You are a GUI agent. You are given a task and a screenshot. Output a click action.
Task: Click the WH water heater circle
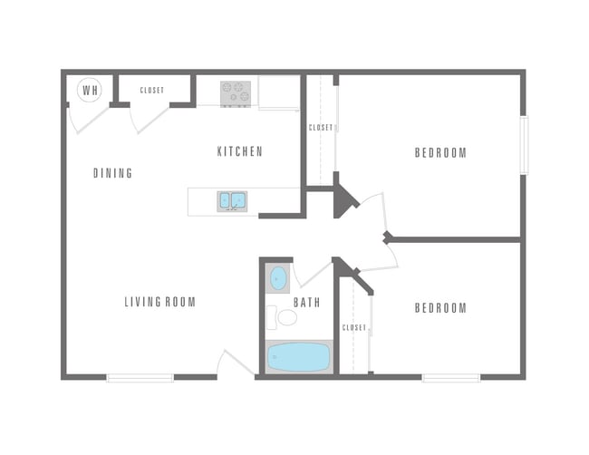90,89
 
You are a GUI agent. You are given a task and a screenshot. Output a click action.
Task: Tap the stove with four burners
236,92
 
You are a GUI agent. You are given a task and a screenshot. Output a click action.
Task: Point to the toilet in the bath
285,317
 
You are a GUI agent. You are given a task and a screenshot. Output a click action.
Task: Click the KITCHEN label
240,151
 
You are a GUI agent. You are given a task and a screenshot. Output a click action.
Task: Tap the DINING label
113,173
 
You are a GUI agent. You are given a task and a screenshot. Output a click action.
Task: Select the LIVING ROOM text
160,302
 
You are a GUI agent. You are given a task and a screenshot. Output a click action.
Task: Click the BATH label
306,302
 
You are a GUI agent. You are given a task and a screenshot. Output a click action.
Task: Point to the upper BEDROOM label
440,152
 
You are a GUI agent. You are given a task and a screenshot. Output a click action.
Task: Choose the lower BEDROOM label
440,308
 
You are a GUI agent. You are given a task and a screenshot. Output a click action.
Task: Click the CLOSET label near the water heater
152,91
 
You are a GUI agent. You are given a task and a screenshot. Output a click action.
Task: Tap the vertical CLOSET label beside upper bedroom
322,128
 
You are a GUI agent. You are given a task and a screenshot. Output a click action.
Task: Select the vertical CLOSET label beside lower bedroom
354,327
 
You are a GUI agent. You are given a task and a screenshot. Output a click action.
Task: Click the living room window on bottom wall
140,376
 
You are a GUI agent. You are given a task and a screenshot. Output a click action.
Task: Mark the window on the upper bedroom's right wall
523,145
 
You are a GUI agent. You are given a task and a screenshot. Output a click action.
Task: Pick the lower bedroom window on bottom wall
450,376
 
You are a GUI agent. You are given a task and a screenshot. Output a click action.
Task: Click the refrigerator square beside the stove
278,92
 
